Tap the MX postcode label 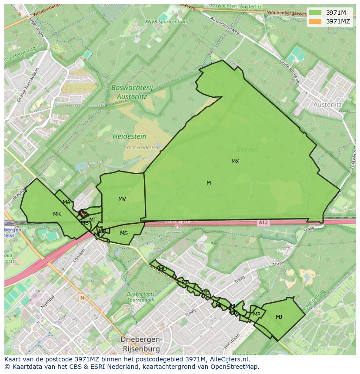(235, 162)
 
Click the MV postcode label (122, 199)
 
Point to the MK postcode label (57, 214)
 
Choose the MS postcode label (124, 233)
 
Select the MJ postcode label (279, 317)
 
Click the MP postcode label (257, 314)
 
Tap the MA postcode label (67, 202)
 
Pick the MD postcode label (163, 269)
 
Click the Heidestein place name (129, 136)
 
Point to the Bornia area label (247, 149)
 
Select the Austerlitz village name (327, 105)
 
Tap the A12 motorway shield (263, 223)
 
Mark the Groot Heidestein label (141, 148)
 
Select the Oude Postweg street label (290, 71)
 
